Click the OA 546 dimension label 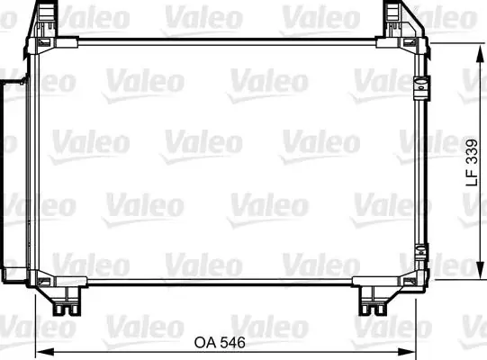pyautogui.click(x=220, y=342)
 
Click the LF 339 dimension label pyautogui.click(x=472, y=163)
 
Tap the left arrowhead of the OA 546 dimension pyautogui.click(x=45, y=352)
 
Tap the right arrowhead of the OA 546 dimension pyautogui.click(x=406, y=352)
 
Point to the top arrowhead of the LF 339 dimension pyautogui.click(x=480, y=53)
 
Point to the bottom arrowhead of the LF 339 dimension pyautogui.click(x=480, y=270)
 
